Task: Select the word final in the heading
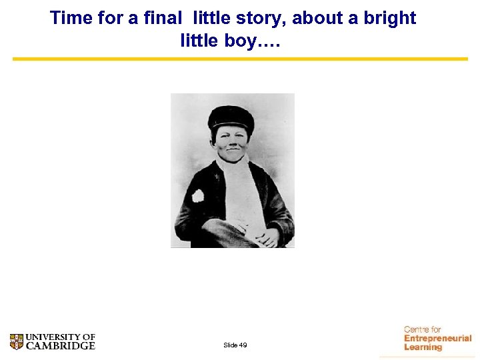[x=158, y=18]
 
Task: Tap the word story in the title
[x=254, y=18]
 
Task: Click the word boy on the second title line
[x=239, y=41]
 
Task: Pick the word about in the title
[x=314, y=18]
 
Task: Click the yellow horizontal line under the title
[x=240, y=59]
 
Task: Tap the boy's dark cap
[x=231, y=119]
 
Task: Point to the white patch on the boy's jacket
[x=198, y=196]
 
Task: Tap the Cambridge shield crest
[x=17, y=342]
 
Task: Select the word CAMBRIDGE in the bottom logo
[x=61, y=346]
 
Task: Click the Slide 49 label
[x=235, y=345]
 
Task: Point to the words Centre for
[x=423, y=329]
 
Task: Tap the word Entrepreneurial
[x=437, y=339]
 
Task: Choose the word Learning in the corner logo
[x=423, y=347]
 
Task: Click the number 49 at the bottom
[x=243, y=345]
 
